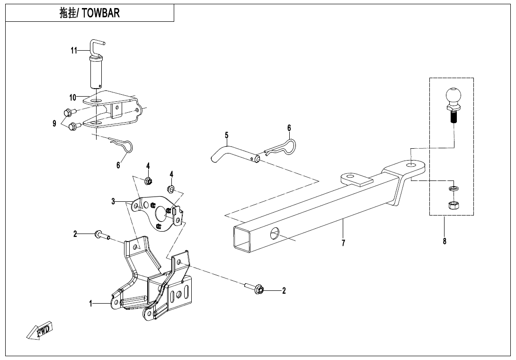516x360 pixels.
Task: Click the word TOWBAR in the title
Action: tap(101, 13)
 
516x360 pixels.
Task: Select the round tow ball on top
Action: tap(453, 96)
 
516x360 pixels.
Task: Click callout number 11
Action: tap(74, 50)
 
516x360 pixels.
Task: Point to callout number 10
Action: tap(72, 98)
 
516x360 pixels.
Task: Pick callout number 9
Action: tap(55, 124)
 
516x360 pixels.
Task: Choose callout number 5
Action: tap(227, 135)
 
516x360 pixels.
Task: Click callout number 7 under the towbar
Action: tap(343, 243)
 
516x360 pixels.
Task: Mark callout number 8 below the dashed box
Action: tap(445, 241)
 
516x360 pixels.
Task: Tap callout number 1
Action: tap(91, 304)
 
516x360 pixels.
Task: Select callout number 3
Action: tap(113, 202)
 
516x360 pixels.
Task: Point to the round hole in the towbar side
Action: tap(275, 233)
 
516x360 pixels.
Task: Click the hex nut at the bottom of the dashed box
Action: tap(452, 205)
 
